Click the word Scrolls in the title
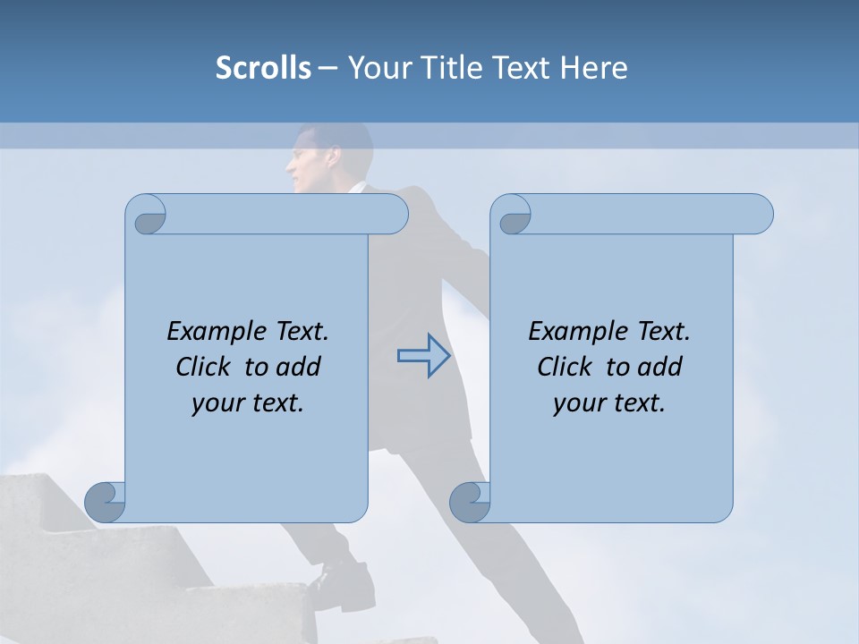[263, 68]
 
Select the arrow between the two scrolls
[423, 356]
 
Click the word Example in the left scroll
[208, 332]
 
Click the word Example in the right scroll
[570, 332]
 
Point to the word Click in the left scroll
[207, 367]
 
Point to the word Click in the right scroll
[568, 367]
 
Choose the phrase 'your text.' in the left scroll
[248, 403]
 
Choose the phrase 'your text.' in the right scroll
[609, 403]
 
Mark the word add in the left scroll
[298, 367]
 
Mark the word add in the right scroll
[659, 367]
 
